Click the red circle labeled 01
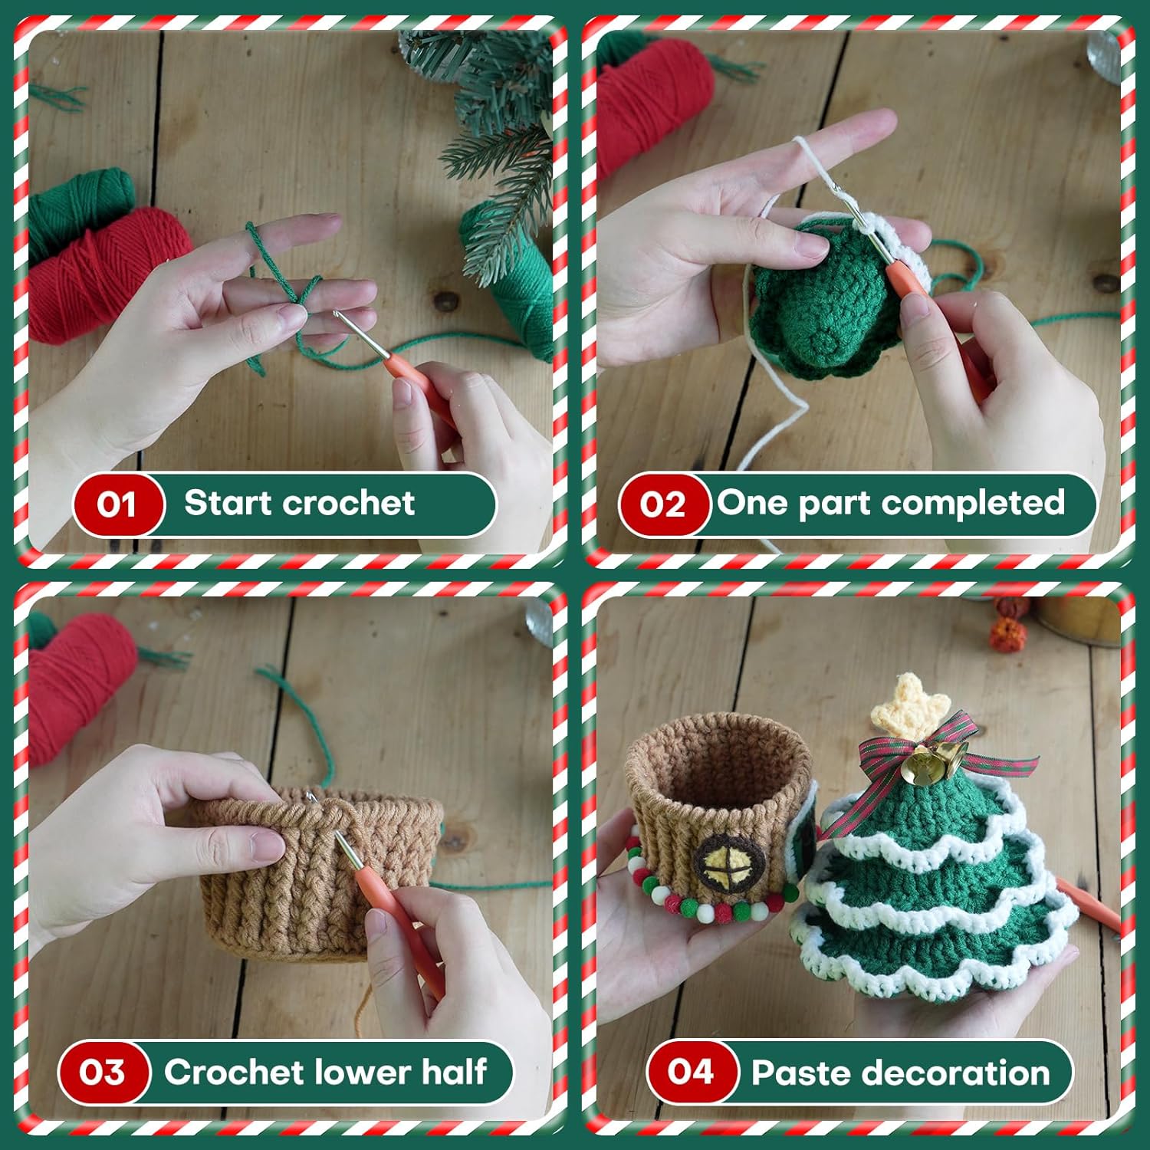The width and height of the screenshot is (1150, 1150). point(118,504)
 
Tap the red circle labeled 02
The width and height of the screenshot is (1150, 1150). point(663,504)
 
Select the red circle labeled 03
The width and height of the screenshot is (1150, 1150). point(103,1072)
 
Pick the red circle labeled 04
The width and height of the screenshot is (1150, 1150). point(692,1072)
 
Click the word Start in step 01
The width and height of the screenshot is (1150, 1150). point(228,503)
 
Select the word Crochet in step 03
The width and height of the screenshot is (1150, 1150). point(235,1072)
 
